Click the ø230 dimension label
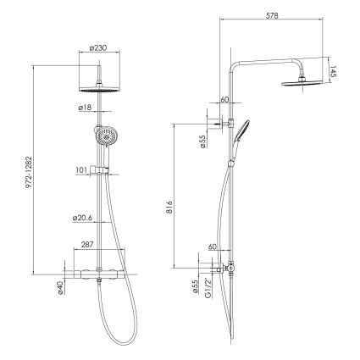pyautogui.click(x=98, y=48)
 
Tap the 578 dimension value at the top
pyautogui.click(x=272, y=15)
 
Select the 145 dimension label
pyautogui.click(x=333, y=72)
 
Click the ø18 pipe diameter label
pyautogui.click(x=86, y=108)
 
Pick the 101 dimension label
pyautogui.click(x=81, y=170)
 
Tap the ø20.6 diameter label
pyautogui.click(x=82, y=219)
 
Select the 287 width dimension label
pyautogui.click(x=87, y=245)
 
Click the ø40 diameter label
pyautogui.click(x=60, y=288)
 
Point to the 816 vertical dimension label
pyautogui.click(x=169, y=208)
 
